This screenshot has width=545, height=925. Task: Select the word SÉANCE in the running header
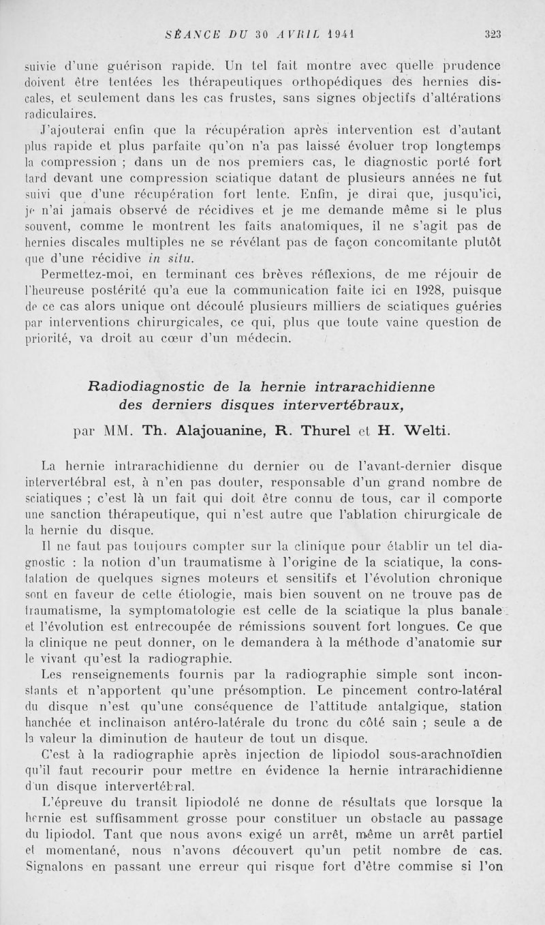click(x=189, y=33)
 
